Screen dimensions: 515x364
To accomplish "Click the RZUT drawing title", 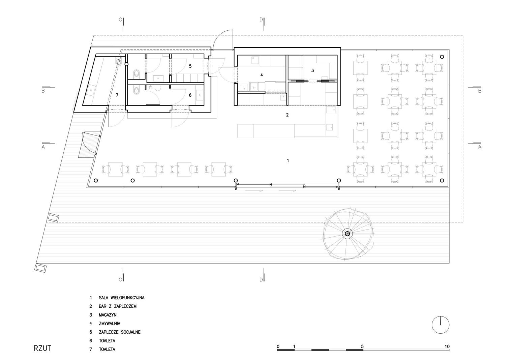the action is (x=42, y=348).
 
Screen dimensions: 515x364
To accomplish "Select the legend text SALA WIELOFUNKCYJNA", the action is (x=122, y=298).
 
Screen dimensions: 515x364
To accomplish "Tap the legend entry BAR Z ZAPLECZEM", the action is (x=118, y=306).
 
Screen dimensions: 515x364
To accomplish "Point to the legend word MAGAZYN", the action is (x=108, y=315).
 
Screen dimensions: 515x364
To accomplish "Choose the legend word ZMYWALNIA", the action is (x=110, y=324).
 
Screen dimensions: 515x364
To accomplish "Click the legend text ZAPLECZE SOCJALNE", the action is (x=120, y=332).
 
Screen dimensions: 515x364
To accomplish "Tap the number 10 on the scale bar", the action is (x=447, y=346).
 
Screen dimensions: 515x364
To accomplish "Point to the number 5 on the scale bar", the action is (x=362, y=346).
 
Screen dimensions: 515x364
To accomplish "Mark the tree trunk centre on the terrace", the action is (x=347, y=234).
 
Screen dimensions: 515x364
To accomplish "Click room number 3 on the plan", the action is (x=312, y=70).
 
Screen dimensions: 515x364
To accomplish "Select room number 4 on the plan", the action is (x=262, y=75).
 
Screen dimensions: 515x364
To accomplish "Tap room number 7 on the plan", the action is (x=117, y=95).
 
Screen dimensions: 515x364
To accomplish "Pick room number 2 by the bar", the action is (x=287, y=115).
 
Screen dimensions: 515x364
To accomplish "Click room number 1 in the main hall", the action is (x=288, y=161).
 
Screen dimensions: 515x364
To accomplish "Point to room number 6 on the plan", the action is (x=190, y=95).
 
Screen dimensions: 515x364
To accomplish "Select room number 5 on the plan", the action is (x=190, y=66).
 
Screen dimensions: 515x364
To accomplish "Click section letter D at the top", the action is (x=261, y=20).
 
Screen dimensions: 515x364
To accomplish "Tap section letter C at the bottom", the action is (x=120, y=280).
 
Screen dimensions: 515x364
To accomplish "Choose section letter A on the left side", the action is (x=43, y=147).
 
